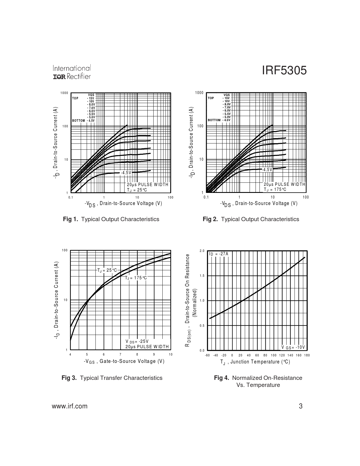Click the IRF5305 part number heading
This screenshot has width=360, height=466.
click(284, 71)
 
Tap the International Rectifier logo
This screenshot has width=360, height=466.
click(72, 73)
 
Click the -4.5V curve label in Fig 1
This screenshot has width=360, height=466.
click(126, 172)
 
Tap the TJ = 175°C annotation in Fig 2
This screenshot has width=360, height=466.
click(275, 190)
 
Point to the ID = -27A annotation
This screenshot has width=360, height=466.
click(219, 254)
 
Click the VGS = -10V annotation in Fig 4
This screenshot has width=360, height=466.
click(293, 347)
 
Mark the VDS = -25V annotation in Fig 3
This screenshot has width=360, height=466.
click(137, 341)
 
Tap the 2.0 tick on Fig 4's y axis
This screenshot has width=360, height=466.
click(202, 251)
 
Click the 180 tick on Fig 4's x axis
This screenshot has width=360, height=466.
click(307, 355)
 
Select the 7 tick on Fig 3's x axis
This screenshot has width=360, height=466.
click(120, 354)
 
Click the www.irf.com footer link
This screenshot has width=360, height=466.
click(70, 406)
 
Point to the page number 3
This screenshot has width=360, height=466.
click(301, 406)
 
